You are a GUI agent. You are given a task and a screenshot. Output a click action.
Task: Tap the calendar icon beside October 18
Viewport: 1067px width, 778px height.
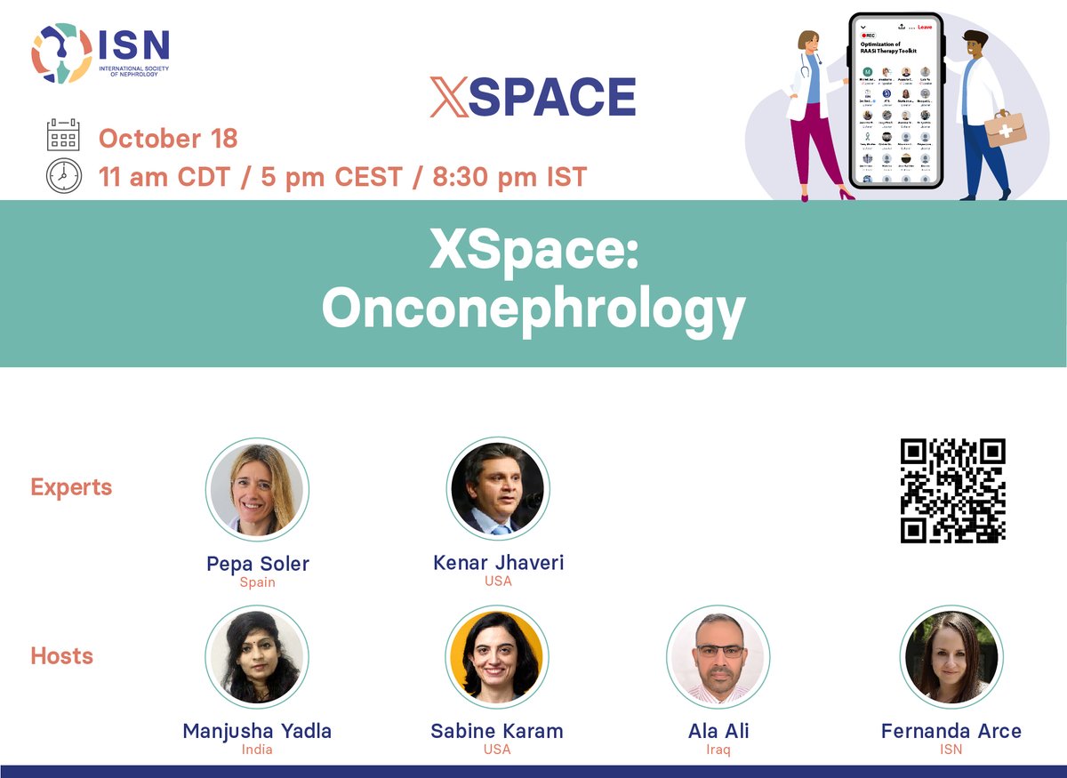[63, 138]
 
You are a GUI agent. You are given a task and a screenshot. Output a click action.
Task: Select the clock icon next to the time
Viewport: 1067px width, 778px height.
[63, 176]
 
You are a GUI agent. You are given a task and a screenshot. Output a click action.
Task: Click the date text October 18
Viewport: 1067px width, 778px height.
[168, 139]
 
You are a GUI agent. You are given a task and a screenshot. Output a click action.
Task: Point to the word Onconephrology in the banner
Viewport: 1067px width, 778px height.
[533, 309]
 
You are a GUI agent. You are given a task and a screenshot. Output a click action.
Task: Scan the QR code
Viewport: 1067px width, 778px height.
[952, 490]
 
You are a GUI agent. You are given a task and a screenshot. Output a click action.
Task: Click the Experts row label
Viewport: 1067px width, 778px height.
[71, 487]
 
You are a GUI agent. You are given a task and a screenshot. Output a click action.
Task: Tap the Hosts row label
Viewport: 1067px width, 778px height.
[62, 656]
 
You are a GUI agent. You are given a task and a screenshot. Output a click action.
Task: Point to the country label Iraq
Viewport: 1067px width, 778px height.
[718, 750]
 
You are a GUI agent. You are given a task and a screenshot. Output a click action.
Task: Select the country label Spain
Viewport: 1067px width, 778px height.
[257, 582]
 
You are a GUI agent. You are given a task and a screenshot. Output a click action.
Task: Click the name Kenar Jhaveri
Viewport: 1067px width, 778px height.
[498, 563]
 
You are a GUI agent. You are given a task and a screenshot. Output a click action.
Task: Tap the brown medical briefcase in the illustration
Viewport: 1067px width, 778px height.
[1006, 128]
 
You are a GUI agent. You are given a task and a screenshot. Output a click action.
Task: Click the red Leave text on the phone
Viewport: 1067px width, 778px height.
[925, 28]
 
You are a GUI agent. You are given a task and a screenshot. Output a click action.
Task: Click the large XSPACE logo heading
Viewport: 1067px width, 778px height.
[533, 97]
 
